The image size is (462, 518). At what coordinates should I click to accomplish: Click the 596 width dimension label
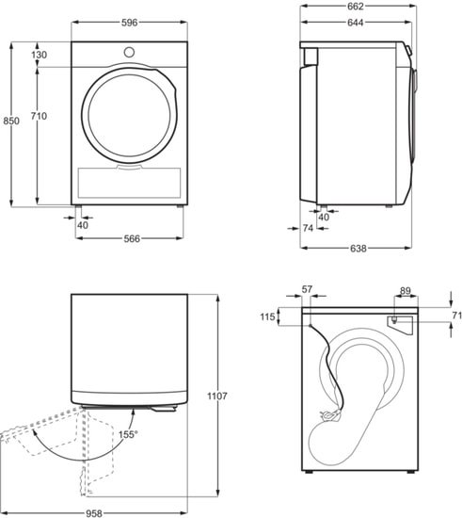(x=129, y=23)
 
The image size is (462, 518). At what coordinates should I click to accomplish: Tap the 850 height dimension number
(x=11, y=121)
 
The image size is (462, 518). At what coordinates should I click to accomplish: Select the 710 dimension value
(x=39, y=116)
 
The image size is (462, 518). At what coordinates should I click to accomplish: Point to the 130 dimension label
(x=40, y=55)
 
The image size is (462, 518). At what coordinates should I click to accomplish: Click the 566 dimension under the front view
(x=132, y=238)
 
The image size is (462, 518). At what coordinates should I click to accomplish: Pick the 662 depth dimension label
(x=356, y=7)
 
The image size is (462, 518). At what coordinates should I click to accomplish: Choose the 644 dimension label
(x=356, y=23)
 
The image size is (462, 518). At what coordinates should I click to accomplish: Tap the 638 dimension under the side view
(x=358, y=248)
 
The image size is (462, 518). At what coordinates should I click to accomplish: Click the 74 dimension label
(x=308, y=228)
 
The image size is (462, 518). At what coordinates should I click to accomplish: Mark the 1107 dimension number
(x=217, y=396)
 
